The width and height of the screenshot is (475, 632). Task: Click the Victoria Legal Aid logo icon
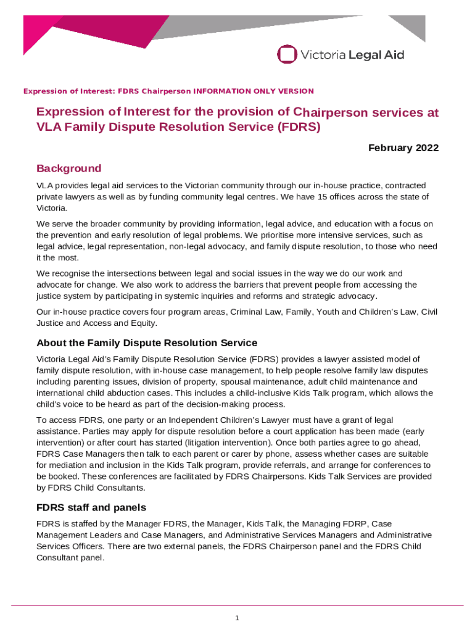[x=287, y=54]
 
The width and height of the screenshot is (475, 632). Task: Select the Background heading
[x=68, y=168]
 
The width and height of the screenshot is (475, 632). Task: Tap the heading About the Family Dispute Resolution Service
[x=147, y=343]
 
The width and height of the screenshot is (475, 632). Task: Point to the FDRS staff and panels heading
[x=91, y=507]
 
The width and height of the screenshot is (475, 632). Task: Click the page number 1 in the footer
[x=237, y=618]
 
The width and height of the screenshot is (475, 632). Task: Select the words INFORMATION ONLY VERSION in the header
[x=254, y=91]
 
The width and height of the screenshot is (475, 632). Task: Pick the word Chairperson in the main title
[x=333, y=113]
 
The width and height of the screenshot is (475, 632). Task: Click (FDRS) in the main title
[x=299, y=128]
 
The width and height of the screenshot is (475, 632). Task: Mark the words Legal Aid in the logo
[x=377, y=55]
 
